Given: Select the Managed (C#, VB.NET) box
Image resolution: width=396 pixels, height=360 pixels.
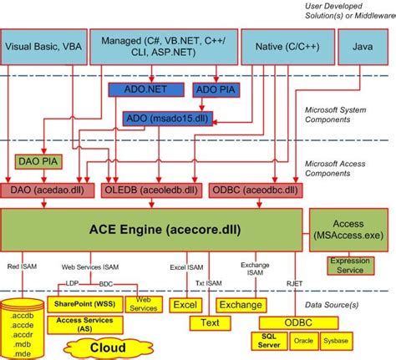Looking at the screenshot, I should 167,47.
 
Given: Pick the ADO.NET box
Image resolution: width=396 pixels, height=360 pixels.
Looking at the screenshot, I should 139,89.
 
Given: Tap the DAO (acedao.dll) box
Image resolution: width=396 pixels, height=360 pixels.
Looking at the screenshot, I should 48,189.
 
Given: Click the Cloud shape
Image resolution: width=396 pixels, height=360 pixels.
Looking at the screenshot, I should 109,347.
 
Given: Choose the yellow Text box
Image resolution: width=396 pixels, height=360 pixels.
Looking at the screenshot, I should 209,322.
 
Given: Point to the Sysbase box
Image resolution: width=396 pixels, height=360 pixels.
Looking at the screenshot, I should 336,341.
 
